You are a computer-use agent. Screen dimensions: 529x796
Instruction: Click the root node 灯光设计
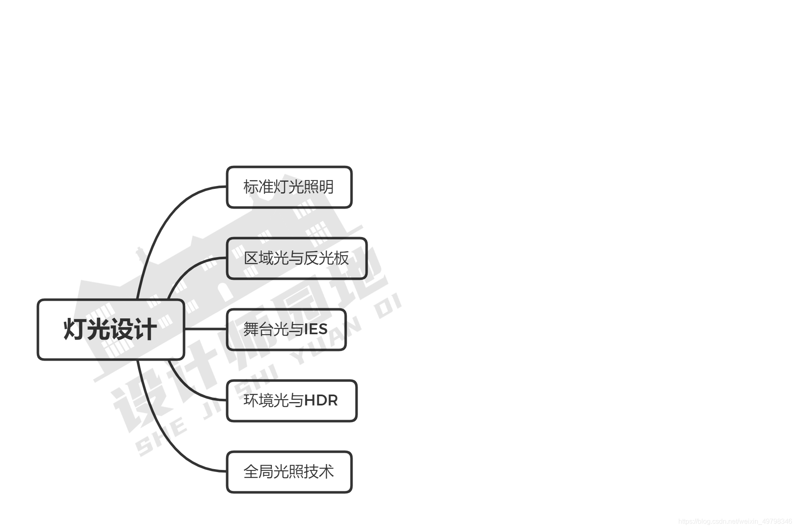point(111,330)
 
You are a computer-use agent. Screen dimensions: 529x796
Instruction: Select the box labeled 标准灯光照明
point(289,187)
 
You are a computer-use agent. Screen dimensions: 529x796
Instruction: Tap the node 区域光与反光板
point(296,258)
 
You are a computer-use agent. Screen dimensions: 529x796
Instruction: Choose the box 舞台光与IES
point(286,330)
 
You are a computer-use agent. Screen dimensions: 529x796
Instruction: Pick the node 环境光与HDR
point(291,401)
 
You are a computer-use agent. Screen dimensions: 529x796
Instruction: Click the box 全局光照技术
point(289,472)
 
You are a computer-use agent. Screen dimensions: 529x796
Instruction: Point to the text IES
point(316,329)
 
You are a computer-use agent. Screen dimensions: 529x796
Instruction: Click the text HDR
point(321,400)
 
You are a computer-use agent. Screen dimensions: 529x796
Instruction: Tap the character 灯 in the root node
point(75,330)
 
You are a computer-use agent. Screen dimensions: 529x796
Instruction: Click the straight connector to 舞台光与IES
point(205,329)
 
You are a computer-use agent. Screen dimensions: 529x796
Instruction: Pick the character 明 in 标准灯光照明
point(326,187)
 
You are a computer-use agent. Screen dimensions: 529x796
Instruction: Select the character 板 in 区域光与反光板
point(341,258)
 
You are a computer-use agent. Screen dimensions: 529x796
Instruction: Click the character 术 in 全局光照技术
point(326,472)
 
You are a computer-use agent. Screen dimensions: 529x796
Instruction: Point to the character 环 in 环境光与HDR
point(251,401)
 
